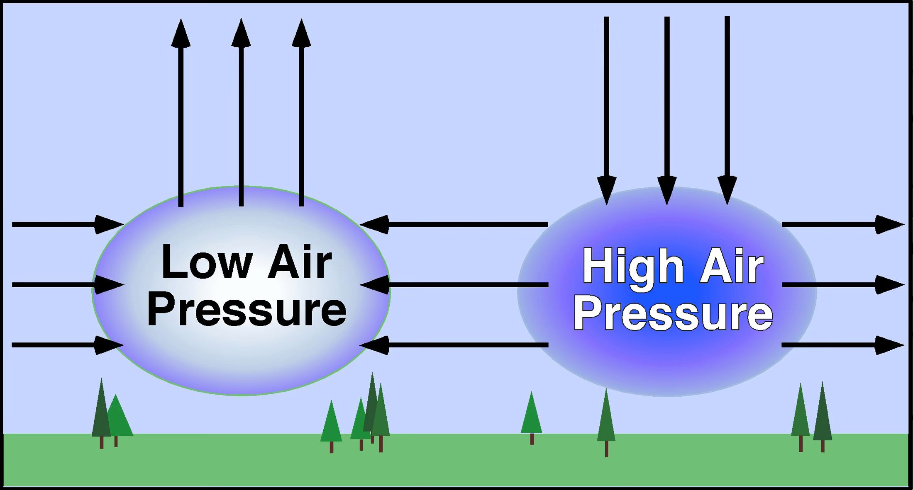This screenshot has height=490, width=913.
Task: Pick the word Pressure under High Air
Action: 673,314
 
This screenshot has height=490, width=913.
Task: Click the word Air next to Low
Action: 300,262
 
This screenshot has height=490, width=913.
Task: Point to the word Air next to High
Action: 732,266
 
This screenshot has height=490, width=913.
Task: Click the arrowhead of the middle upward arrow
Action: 241,32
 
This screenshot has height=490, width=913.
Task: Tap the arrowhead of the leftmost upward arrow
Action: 181,32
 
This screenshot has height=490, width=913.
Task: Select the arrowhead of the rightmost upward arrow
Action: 301,32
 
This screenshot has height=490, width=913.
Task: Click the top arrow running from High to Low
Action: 454,225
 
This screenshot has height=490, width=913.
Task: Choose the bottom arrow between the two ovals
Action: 454,345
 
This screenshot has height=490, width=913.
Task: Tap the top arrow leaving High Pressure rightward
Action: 843,225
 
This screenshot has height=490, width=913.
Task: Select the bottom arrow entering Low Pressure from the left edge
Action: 68,345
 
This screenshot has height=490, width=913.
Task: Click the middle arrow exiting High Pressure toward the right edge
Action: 843,285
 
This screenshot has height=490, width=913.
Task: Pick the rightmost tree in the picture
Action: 823,417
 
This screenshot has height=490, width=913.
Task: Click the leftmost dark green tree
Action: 101,413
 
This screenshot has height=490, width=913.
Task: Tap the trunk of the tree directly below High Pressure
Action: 607,449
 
